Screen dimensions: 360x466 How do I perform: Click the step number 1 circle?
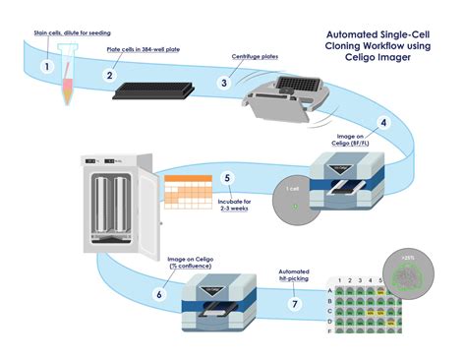click(46, 66)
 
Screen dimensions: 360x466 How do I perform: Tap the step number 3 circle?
click(225, 83)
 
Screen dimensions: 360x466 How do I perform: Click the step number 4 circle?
click(384, 124)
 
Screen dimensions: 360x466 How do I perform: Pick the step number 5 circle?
click(227, 179)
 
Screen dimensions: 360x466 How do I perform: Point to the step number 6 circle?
click(159, 292)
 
